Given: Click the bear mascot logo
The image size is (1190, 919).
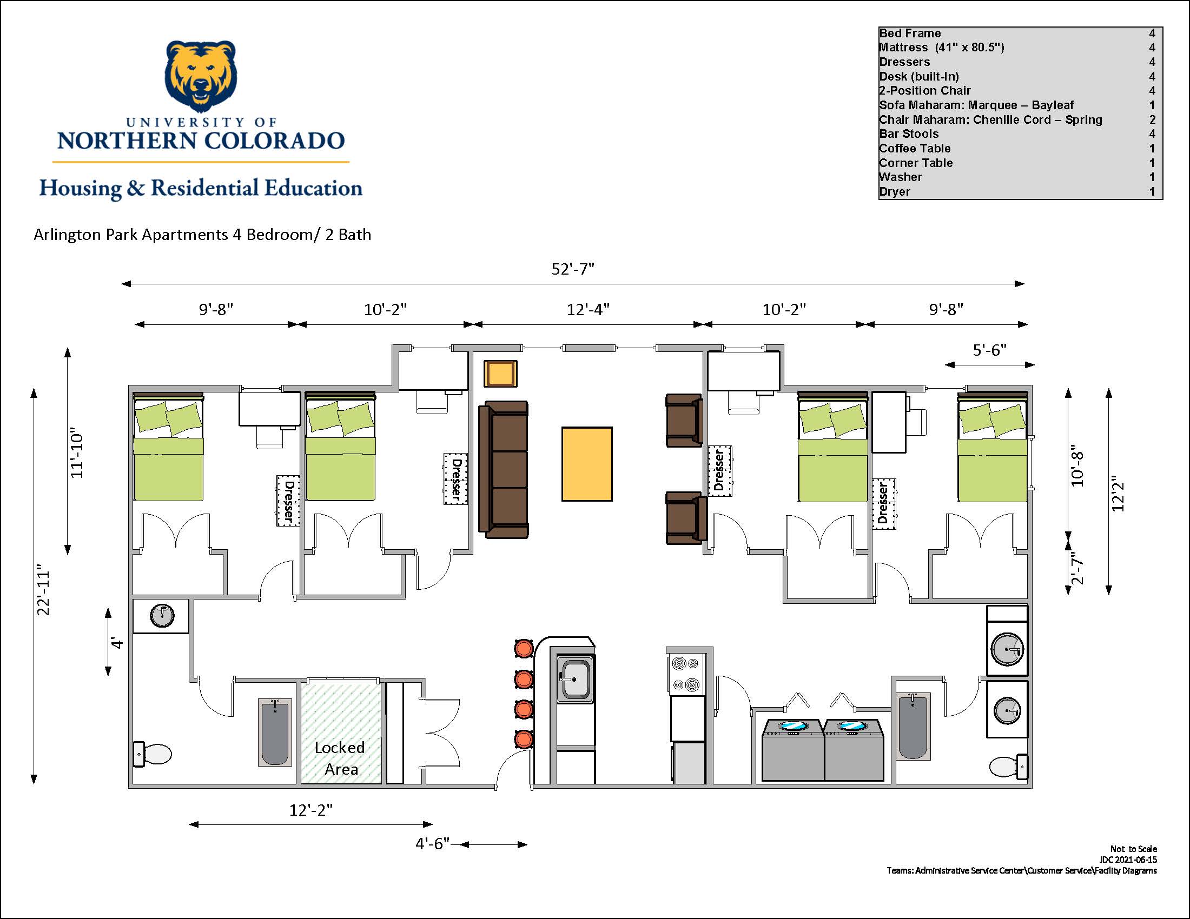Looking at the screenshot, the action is (201, 76).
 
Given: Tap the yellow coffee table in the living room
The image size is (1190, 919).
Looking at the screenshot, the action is (587, 463).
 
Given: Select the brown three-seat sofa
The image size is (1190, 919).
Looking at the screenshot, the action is (503, 470).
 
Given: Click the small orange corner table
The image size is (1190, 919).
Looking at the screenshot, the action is (500, 374).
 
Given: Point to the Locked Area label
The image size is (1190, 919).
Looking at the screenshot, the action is (340, 758).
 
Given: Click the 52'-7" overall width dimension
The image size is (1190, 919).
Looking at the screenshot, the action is (573, 269).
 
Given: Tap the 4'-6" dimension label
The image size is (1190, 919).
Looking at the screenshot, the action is (433, 843).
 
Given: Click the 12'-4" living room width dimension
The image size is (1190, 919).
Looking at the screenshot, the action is (588, 309).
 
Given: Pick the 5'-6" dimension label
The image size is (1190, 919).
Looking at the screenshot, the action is (989, 350).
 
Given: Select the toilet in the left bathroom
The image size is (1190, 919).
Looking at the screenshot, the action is (153, 754).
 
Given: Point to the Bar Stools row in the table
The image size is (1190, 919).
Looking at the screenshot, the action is (1017, 134).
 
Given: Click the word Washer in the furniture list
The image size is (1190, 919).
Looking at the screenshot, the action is (900, 177).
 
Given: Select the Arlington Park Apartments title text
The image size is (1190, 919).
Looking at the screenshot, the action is (202, 235).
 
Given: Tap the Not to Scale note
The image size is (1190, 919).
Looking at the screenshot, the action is (1133, 849).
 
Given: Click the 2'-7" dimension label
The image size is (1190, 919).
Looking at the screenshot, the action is (1076, 568).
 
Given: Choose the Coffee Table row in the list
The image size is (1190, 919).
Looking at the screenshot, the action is (1017, 148).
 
